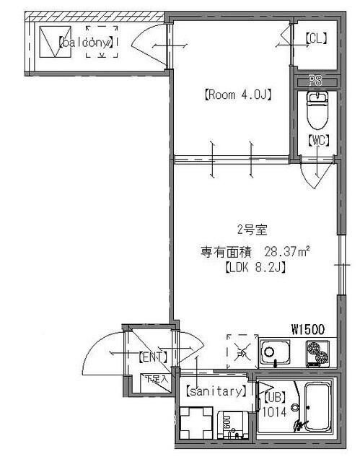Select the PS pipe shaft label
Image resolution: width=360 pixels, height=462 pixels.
315,80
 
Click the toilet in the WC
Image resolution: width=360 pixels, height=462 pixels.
315,108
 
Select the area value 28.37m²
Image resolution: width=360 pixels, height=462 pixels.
286,252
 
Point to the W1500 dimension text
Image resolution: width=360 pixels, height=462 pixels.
308,329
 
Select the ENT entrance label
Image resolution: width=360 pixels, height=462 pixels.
152,356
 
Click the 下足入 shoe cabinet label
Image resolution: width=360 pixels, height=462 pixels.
155,378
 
